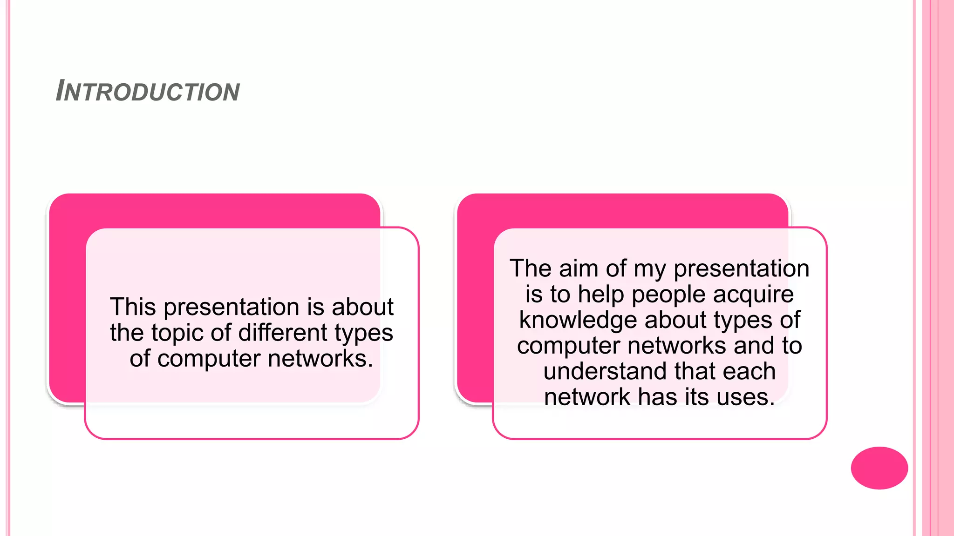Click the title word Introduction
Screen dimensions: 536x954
(148, 91)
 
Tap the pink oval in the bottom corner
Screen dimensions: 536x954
(879, 468)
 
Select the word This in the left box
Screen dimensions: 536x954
(133, 307)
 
